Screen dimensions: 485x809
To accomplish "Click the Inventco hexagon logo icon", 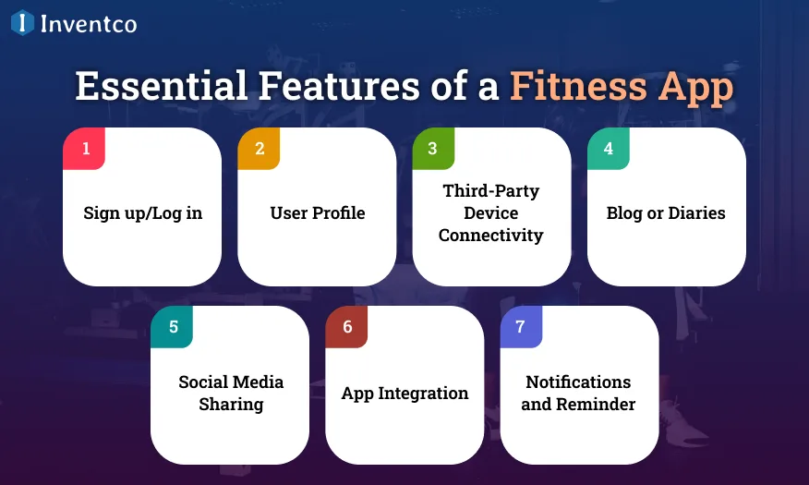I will click(x=22, y=23).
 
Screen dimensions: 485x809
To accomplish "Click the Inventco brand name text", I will click(x=89, y=24).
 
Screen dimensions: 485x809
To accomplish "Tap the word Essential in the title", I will click(x=161, y=87).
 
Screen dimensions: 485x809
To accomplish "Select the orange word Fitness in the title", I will click(x=578, y=87).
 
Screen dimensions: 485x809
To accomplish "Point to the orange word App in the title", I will click(x=695, y=87).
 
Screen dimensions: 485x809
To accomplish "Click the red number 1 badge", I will click(x=85, y=149).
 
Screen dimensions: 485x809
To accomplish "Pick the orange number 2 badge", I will click(x=260, y=149).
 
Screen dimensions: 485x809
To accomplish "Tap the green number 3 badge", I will click(x=434, y=149).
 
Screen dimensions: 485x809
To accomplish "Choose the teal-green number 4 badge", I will click(x=609, y=149).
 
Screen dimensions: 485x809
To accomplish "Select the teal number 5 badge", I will click(x=173, y=327).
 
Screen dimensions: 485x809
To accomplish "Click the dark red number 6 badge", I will click(x=347, y=327).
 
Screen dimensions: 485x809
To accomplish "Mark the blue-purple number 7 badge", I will click(x=521, y=327).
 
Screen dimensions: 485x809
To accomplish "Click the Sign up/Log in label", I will click(x=142, y=212).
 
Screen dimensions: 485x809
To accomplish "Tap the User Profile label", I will click(x=317, y=212).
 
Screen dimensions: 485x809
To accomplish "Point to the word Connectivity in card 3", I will click(x=490, y=236).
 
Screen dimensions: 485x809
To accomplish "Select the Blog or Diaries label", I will click(x=666, y=212).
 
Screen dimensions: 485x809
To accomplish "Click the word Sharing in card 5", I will click(x=231, y=405).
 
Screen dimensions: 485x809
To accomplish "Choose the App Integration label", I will click(x=404, y=394).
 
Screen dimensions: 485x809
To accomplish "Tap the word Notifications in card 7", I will click(x=578, y=382).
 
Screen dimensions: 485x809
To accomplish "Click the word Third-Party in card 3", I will click(x=490, y=191).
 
